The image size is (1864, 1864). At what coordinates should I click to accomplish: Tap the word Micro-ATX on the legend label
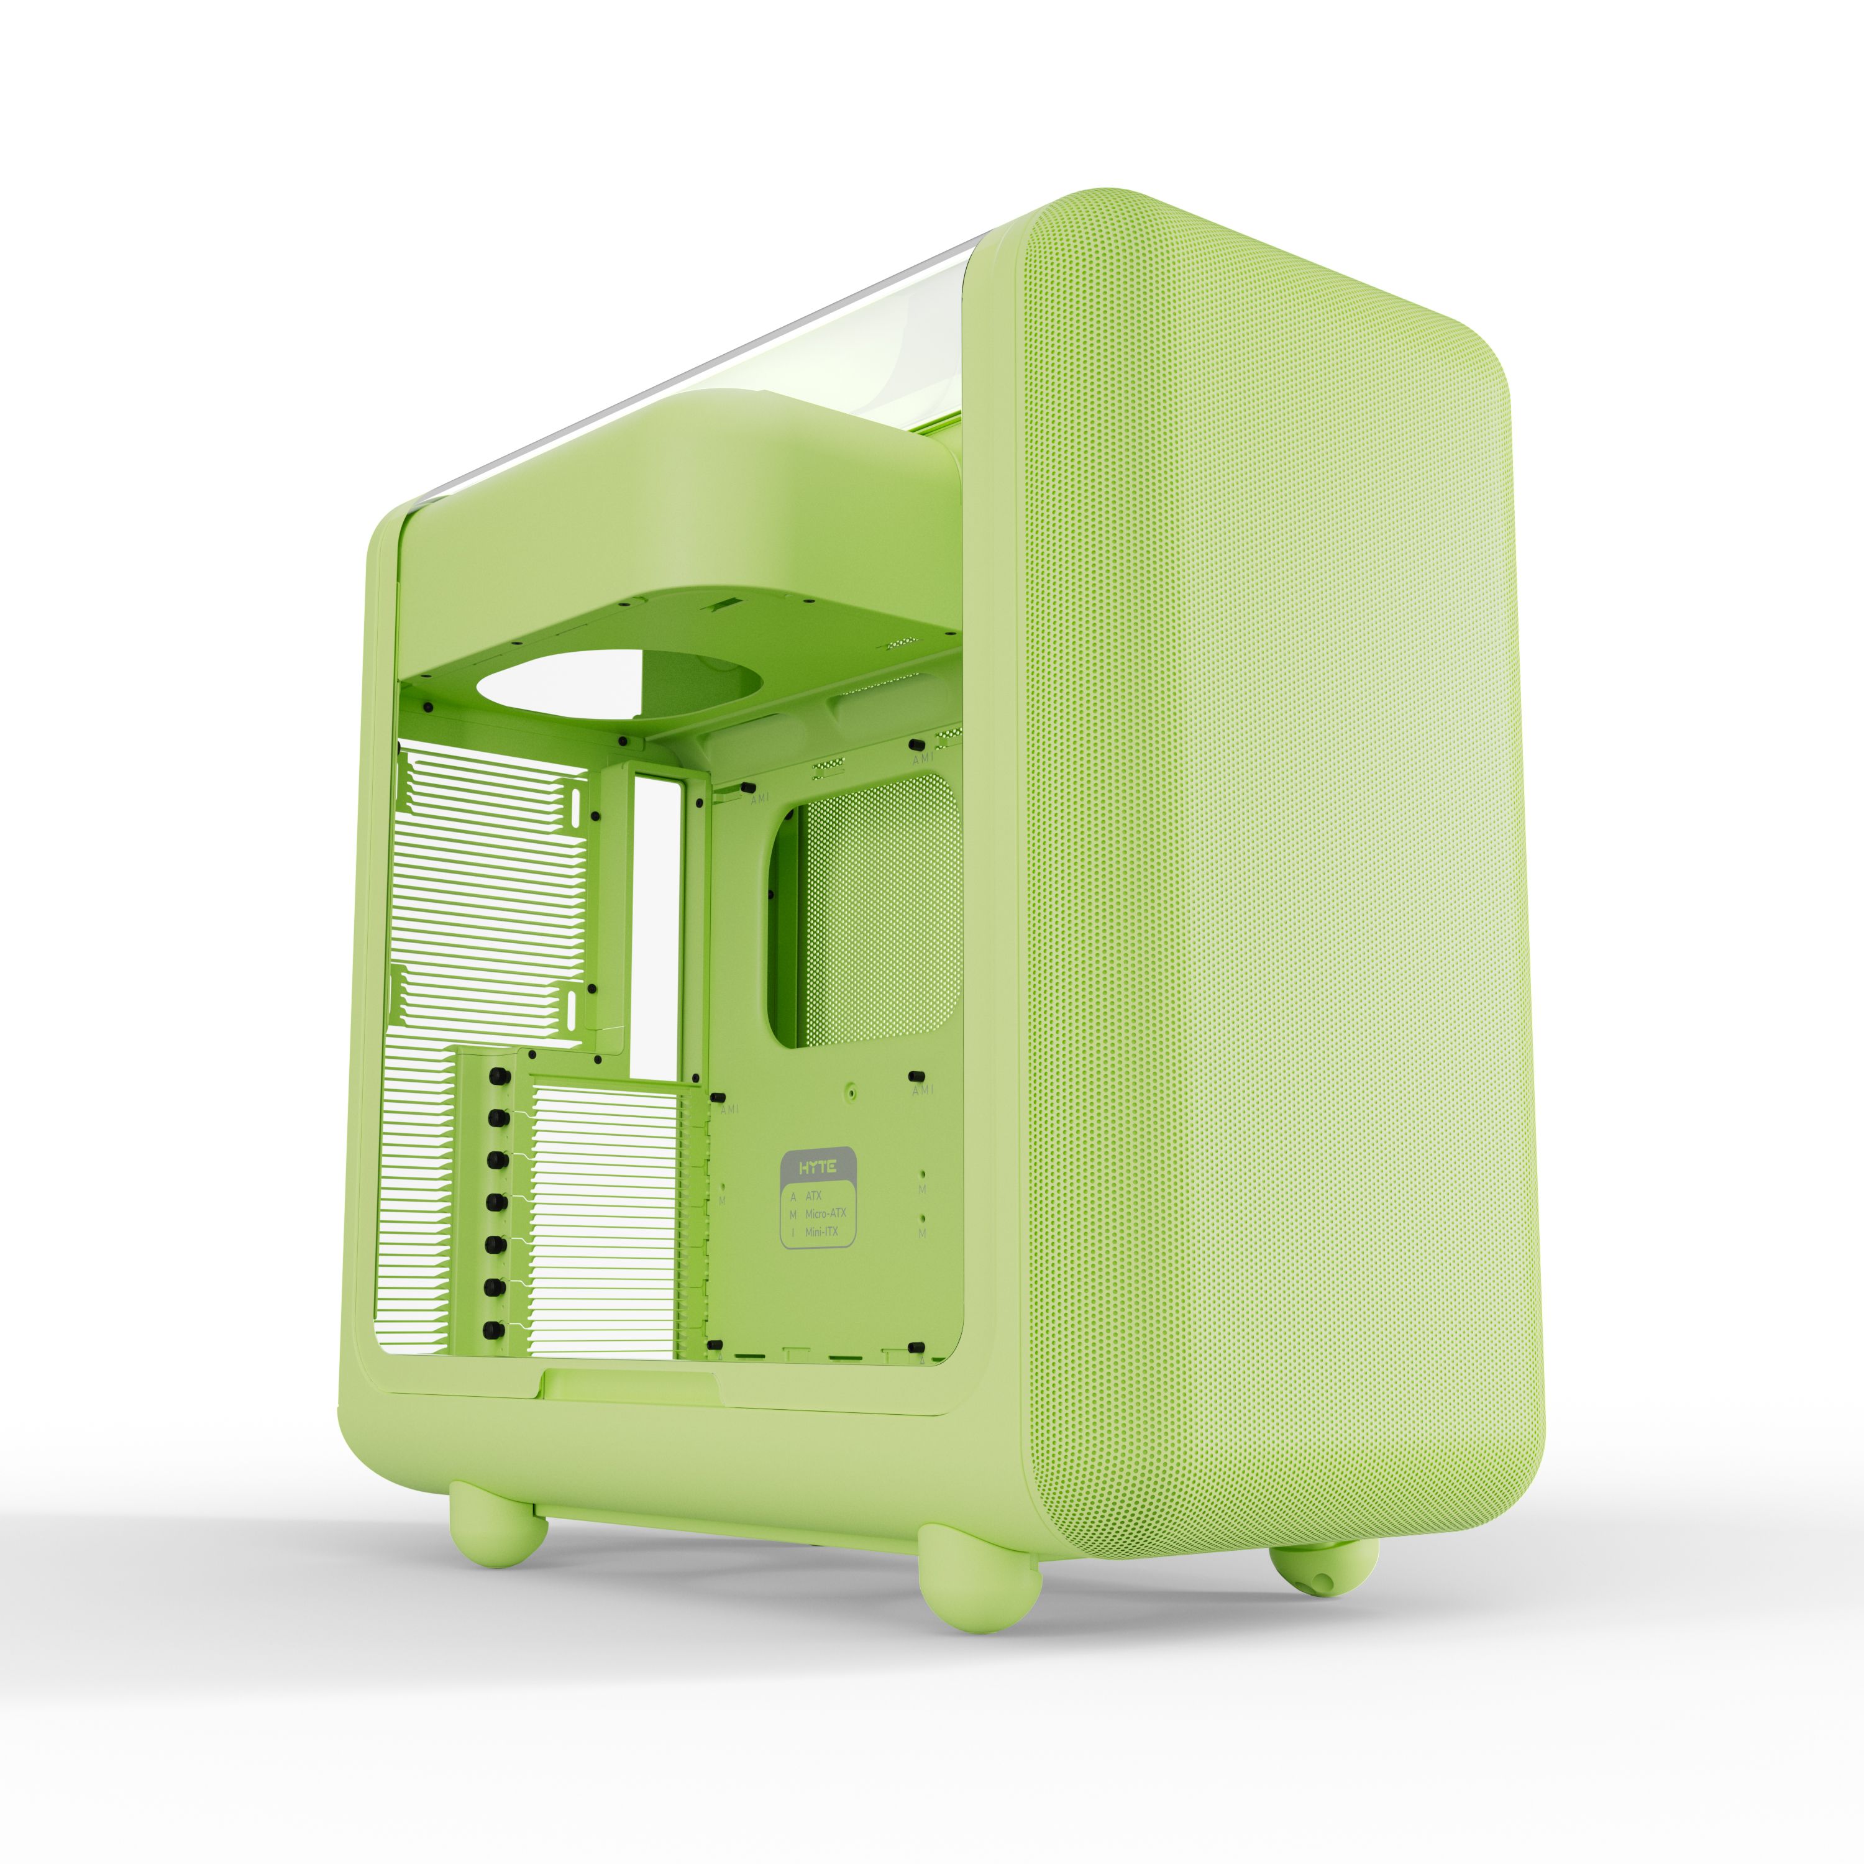click(825, 1213)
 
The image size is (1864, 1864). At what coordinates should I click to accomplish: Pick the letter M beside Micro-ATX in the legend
click(793, 1213)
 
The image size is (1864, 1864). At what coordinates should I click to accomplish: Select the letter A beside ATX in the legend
click(793, 1194)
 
